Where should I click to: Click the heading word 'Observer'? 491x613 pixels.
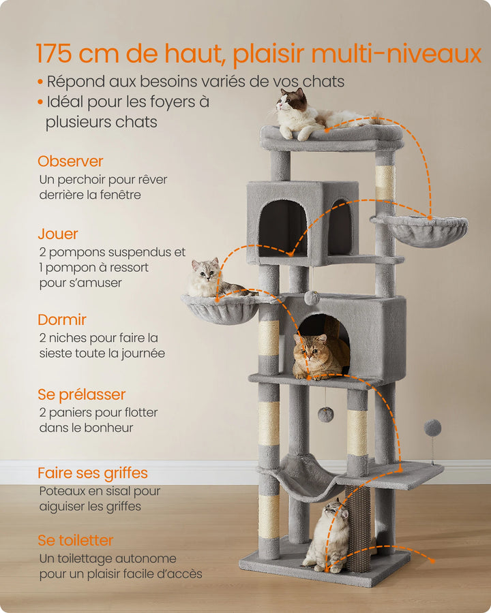point(70,161)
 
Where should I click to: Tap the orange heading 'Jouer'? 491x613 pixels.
point(58,234)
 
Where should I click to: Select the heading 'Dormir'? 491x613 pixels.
point(62,319)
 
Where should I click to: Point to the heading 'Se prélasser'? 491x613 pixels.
point(82,394)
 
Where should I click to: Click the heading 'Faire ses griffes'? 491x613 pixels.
point(93,473)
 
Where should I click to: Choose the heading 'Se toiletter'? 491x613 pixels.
point(76,541)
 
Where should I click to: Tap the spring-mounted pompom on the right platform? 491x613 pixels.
point(432,428)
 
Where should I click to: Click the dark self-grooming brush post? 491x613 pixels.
point(358,528)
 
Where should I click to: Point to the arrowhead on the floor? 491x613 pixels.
point(431,560)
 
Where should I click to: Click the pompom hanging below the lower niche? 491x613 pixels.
point(326,414)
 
